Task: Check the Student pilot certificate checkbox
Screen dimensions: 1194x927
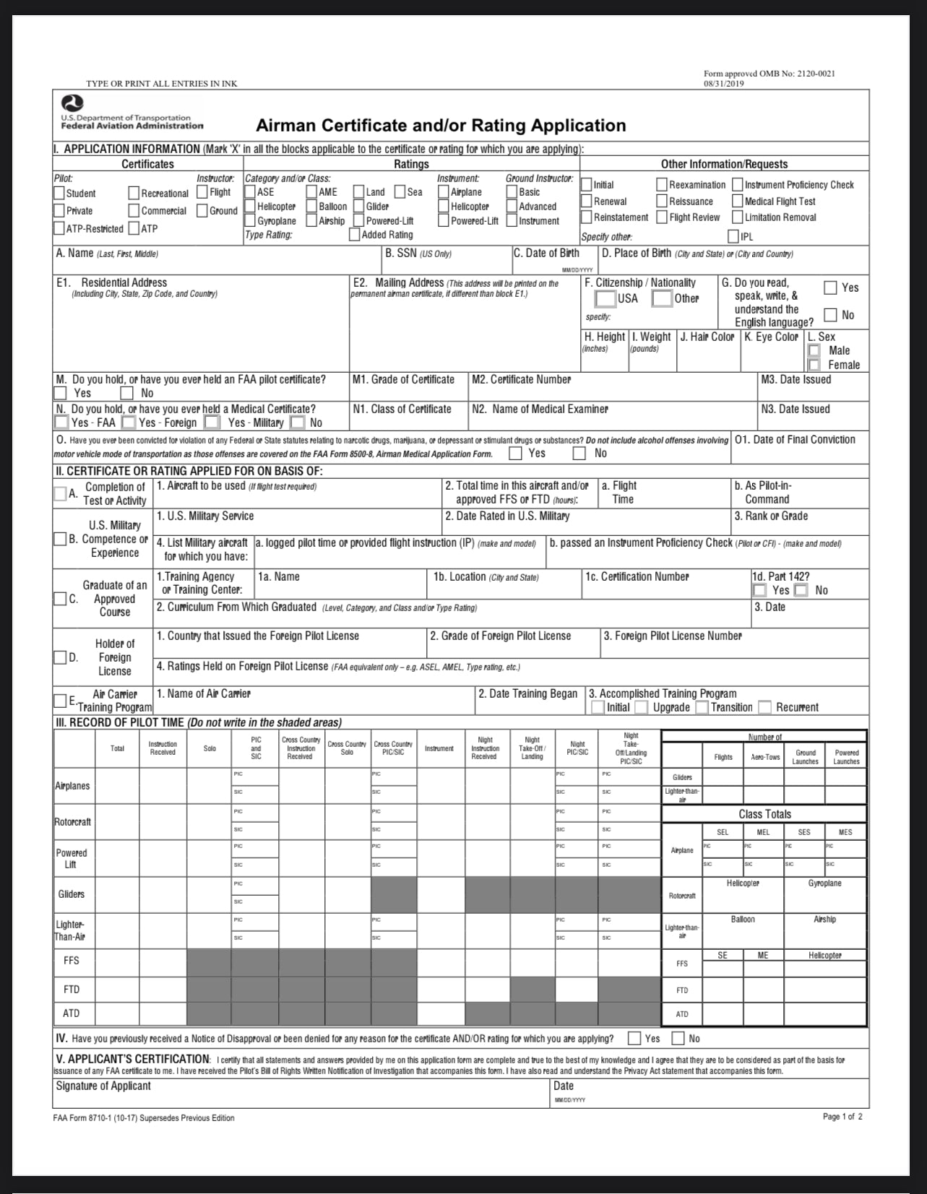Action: click(x=59, y=193)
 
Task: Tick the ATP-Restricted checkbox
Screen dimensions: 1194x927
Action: click(x=59, y=228)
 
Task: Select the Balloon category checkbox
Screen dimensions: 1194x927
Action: click(x=311, y=207)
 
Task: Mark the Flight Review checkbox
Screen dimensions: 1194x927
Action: click(x=662, y=217)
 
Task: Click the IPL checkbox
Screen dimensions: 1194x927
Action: click(x=733, y=236)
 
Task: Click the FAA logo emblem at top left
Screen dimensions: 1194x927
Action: click(x=72, y=104)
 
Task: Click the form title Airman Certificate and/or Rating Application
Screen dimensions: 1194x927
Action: click(x=441, y=126)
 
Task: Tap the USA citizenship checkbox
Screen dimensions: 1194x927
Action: click(x=605, y=298)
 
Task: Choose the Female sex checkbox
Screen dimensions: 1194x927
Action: click(x=814, y=365)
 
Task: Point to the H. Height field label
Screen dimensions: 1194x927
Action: click(x=605, y=337)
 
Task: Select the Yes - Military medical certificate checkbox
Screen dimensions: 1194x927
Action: click(x=212, y=422)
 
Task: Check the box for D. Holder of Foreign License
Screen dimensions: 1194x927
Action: click(x=60, y=657)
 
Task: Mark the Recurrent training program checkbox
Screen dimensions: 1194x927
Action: click(x=765, y=707)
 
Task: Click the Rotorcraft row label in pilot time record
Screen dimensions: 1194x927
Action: click(x=72, y=822)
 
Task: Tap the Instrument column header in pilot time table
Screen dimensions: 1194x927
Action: click(x=439, y=748)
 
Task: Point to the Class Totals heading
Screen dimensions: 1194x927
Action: click(x=764, y=814)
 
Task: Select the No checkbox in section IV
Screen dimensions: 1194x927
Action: click(x=678, y=1038)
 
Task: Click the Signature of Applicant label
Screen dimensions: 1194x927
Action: click(x=103, y=1086)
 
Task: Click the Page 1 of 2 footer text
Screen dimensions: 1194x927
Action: click(x=842, y=1116)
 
